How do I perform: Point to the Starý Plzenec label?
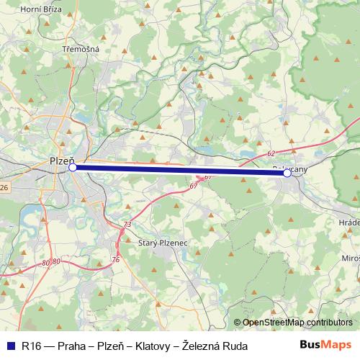tap(163, 244)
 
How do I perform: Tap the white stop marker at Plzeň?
tap(72, 167)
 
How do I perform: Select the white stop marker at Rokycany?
tap(287, 174)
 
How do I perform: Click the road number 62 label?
tap(271, 154)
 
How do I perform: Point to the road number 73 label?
tap(127, 225)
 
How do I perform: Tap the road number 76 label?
tap(115, 258)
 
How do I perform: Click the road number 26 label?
tap(4, 188)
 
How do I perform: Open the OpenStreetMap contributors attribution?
tap(297, 322)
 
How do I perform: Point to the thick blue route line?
tap(180, 170)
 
